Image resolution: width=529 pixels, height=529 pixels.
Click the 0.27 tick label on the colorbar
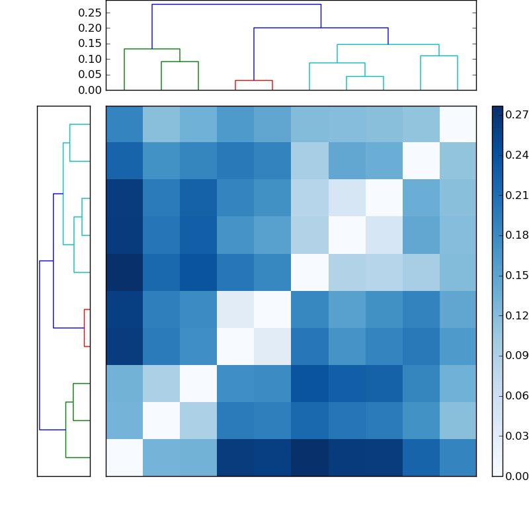517,115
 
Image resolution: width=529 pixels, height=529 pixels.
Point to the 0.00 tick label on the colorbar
517,475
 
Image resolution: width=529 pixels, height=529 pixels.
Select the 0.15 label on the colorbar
517,275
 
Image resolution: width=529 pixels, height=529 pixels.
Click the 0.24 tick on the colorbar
517,155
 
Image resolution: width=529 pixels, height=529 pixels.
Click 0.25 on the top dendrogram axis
90,13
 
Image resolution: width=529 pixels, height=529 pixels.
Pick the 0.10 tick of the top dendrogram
90,59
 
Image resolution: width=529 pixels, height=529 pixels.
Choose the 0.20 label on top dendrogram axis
90,28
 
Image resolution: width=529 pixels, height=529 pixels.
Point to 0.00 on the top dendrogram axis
90,90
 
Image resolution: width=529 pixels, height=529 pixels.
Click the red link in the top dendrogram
254,80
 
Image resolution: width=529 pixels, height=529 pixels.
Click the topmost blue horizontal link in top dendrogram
236,5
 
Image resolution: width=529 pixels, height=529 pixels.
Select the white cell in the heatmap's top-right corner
458,124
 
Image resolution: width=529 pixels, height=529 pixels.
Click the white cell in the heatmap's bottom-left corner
124,457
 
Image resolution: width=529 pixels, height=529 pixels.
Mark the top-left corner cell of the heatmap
124,124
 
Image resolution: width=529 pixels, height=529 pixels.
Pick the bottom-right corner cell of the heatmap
458,457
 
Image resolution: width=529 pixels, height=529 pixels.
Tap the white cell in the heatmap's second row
421,161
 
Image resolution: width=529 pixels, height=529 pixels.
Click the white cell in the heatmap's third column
198,383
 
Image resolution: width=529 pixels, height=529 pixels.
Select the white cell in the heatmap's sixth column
309,272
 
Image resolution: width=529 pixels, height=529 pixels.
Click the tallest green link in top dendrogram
152,49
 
